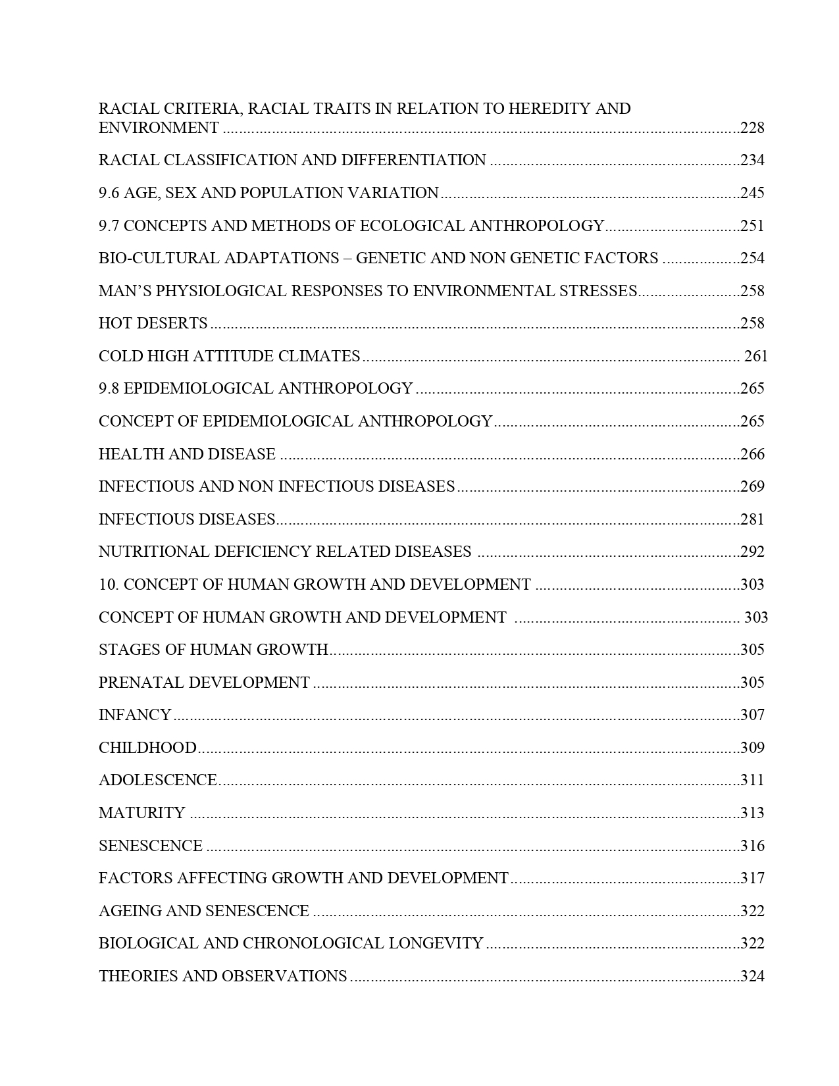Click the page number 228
point(752,128)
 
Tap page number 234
point(752,160)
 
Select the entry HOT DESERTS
point(153,323)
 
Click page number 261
point(756,356)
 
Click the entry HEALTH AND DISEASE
point(187,454)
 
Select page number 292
point(752,552)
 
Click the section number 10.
point(108,584)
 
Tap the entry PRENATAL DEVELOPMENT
point(204,683)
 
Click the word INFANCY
point(135,715)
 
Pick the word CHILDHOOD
point(147,748)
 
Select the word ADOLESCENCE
point(157,780)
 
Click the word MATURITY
point(142,813)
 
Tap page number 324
point(752,976)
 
